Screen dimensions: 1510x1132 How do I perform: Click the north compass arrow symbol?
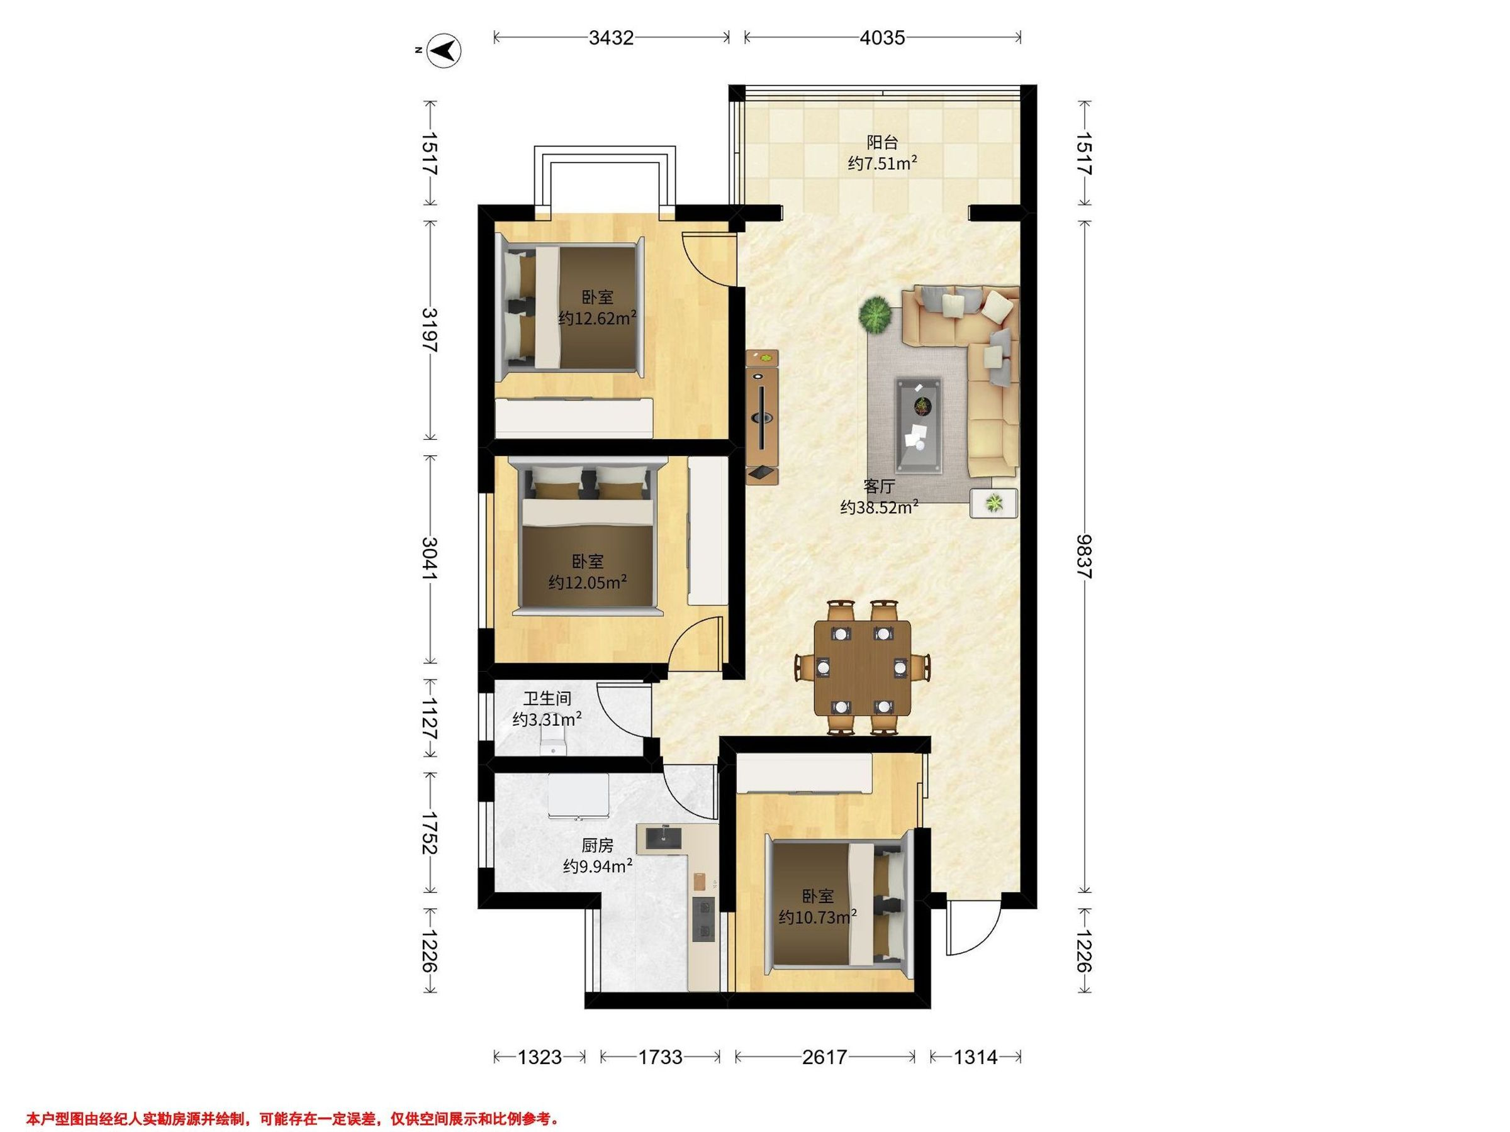[444, 50]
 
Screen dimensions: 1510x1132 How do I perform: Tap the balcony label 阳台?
[882, 143]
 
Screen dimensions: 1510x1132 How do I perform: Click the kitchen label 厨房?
[597, 846]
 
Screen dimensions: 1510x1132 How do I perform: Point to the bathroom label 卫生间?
[547, 699]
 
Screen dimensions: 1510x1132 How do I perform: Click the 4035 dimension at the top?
[882, 38]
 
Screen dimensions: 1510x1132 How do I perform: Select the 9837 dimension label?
[1084, 557]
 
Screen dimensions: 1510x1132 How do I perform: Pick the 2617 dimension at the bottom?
[825, 1057]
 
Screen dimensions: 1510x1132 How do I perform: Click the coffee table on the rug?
[919, 426]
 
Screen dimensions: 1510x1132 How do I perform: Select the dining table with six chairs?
[863, 667]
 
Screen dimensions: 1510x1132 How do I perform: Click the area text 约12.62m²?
[597, 319]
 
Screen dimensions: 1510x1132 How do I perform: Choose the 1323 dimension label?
[539, 1057]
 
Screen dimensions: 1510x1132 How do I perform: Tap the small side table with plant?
[994, 504]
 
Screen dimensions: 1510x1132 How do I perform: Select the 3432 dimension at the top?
[611, 38]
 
